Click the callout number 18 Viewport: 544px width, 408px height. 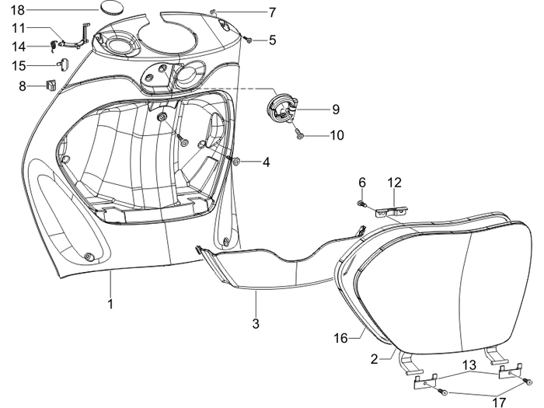point(17,9)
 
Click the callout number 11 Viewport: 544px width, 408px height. point(19,28)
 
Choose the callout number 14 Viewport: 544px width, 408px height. point(19,46)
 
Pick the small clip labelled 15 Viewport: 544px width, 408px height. point(66,64)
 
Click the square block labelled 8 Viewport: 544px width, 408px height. point(53,84)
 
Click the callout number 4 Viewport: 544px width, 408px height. point(266,162)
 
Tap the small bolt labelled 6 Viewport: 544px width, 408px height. point(361,204)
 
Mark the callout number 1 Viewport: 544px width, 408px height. point(110,304)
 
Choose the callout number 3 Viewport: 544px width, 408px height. point(255,322)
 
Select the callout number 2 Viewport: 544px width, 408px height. point(375,358)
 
